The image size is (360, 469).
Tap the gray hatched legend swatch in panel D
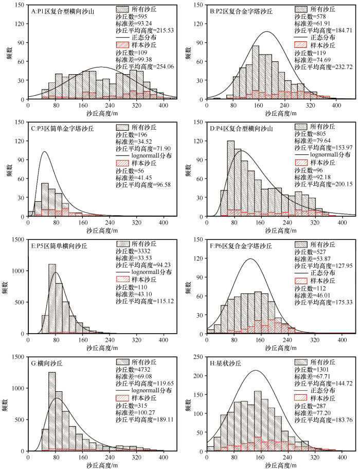coord(303,127)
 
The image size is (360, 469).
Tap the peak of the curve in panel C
coord(45,152)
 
